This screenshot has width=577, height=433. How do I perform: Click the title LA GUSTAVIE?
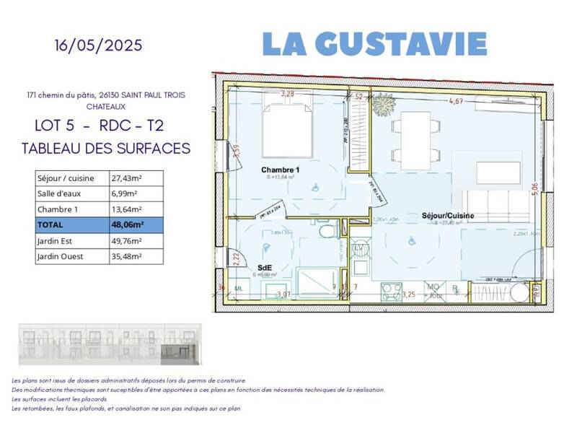click(374, 43)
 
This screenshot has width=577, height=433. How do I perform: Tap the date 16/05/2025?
click(98, 45)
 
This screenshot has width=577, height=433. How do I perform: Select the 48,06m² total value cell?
click(136, 225)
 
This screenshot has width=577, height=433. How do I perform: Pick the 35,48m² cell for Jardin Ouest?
click(136, 256)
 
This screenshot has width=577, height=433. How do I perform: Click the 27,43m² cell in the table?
click(136, 178)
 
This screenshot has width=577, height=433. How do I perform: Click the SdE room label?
click(265, 266)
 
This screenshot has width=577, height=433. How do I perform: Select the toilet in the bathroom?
click(328, 231)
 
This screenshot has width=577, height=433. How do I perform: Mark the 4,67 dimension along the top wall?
click(456, 102)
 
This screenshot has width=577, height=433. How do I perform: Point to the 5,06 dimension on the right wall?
click(534, 189)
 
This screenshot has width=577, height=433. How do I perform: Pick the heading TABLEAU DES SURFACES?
click(106, 149)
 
